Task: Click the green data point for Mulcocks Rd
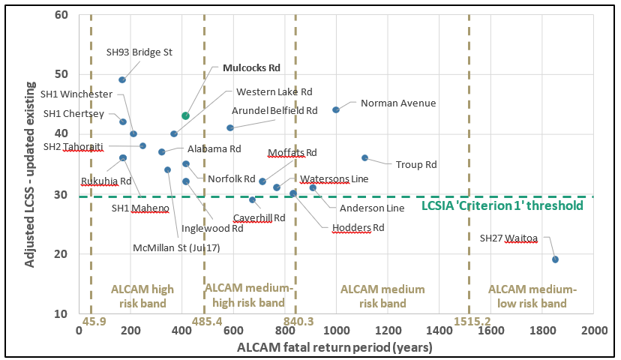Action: click(x=185, y=115)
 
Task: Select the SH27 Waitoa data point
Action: click(x=555, y=259)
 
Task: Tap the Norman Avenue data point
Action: click(x=336, y=109)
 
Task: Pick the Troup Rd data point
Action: click(x=364, y=157)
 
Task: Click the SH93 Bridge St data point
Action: click(x=122, y=79)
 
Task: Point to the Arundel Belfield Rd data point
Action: click(x=230, y=127)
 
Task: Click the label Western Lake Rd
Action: click(x=274, y=91)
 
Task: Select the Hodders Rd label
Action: click(x=358, y=227)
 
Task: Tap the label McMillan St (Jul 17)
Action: click(x=176, y=247)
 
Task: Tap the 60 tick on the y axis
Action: click(x=61, y=15)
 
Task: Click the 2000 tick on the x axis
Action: click(x=593, y=330)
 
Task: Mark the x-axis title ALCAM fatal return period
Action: click(x=334, y=346)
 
